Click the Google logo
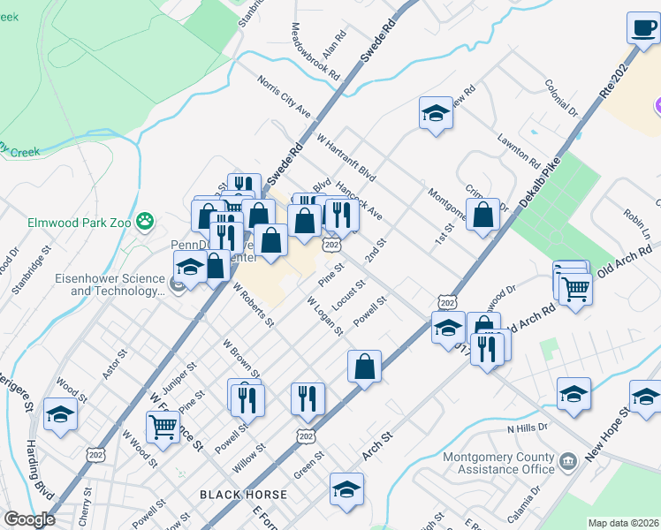(29, 519)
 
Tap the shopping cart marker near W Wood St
(163, 427)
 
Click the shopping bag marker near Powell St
(364, 366)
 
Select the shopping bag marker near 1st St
(482, 215)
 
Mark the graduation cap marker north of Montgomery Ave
(435, 113)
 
